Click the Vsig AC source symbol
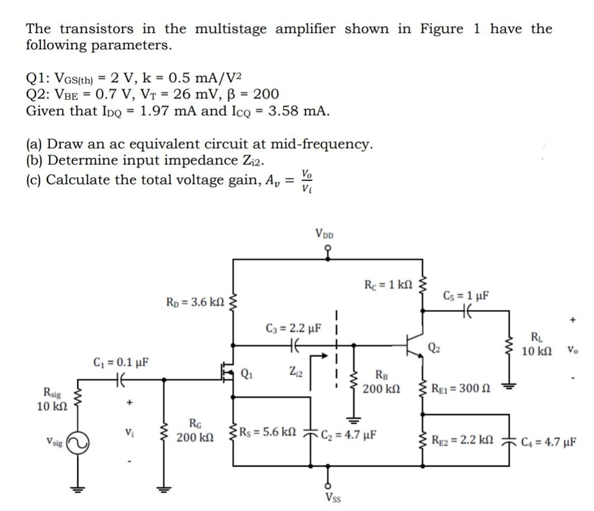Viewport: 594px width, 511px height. tap(78, 441)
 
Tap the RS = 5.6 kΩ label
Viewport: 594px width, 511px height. tap(266, 433)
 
